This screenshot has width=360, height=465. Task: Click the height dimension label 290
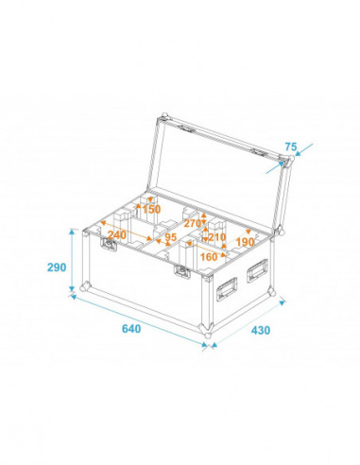point(55,267)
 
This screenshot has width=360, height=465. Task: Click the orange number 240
point(117,234)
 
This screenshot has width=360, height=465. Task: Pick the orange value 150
point(150,209)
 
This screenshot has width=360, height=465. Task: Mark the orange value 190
point(246,241)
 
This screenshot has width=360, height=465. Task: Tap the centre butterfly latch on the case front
point(180,273)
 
